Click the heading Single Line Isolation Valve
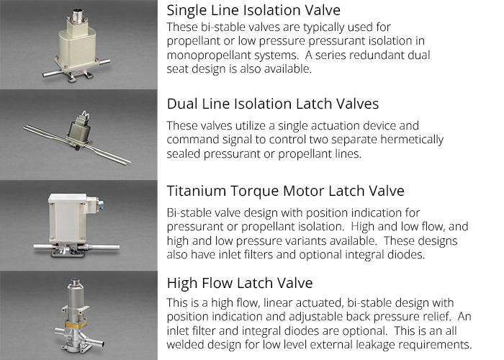click(x=253, y=11)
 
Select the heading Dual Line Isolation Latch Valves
click(x=272, y=104)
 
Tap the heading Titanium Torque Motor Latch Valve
click(x=285, y=192)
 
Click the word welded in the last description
click(x=189, y=344)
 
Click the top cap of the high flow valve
click(x=72, y=281)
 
